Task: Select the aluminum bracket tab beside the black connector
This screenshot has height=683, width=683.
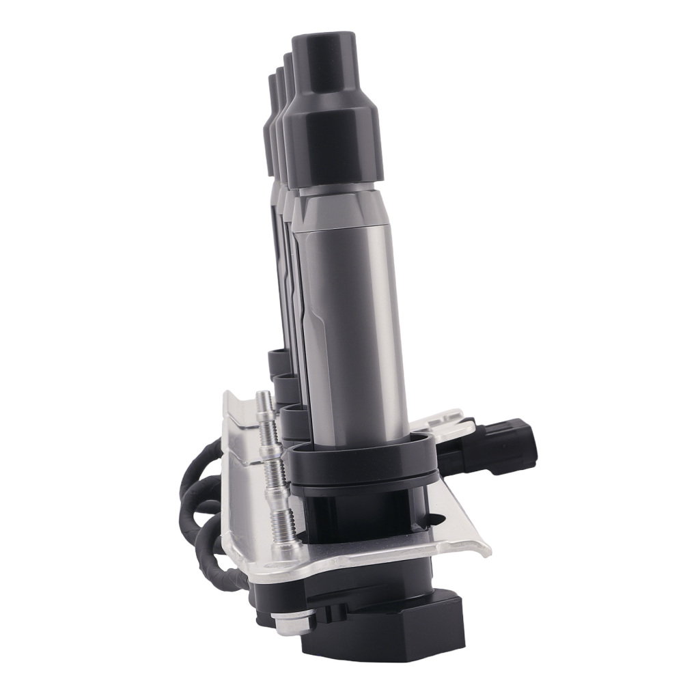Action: point(451,417)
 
